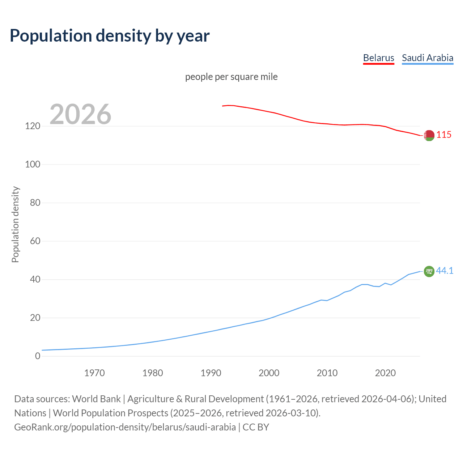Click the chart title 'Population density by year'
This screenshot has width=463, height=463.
110,35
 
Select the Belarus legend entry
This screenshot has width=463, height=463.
378,58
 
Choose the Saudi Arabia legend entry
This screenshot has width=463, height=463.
427,58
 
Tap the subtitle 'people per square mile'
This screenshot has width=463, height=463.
231,77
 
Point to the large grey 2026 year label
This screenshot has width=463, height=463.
80,114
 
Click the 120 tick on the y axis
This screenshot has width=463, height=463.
33,126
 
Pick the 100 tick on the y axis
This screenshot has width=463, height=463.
33,165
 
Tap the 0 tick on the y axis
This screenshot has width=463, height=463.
37,356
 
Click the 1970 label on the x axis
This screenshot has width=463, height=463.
94,373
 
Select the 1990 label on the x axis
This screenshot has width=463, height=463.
211,373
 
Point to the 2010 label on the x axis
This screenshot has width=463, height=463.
327,373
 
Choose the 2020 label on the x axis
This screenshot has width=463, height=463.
385,373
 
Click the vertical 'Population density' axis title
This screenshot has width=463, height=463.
15,224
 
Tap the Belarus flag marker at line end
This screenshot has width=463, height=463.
429,135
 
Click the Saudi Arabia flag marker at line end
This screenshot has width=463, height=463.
429,271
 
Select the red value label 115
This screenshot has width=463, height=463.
444,135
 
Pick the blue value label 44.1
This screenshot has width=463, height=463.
445,271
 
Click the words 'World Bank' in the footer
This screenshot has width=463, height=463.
96,399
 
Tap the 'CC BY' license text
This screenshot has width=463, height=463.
256,427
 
